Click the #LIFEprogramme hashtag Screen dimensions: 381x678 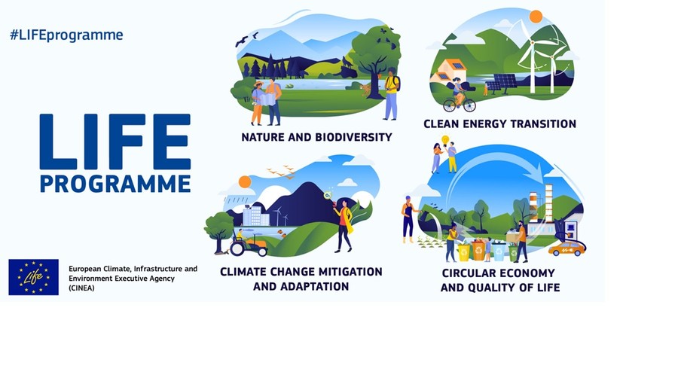click(x=66, y=35)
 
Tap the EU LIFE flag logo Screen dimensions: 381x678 click(x=33, y=276)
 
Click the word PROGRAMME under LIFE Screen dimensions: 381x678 click(x=115, y=184)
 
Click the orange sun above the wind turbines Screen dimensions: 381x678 click(x=536, y=17)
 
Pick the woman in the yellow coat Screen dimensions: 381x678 click(x=344, y=224)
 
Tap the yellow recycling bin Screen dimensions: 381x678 click(x=463, y=251)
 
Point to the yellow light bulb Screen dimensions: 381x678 click(x=444, y=140)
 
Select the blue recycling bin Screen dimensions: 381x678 click(x=498, y=251)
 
